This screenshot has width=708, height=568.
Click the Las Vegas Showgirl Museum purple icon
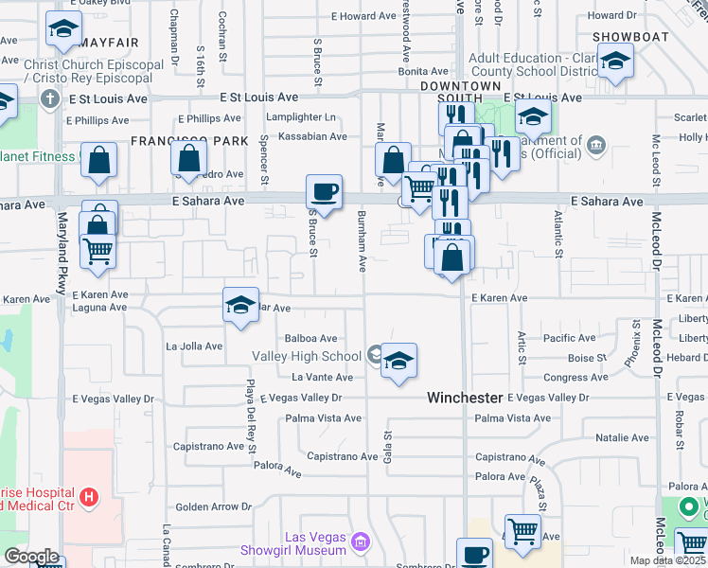[360, 542]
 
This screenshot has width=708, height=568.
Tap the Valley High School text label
[307, 357]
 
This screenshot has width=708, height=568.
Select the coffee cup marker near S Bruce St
[324, 193]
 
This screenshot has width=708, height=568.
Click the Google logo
[31, 557]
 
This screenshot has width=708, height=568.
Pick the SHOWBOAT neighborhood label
[631, 37]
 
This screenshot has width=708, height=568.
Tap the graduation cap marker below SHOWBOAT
[616, 62]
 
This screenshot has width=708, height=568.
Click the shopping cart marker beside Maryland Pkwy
[98, 252]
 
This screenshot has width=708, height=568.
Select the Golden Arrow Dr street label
[213, 507]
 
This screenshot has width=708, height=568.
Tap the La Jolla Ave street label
[194, 346]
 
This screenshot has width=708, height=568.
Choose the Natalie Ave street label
[622, 438]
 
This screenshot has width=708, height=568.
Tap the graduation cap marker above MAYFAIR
[63, 30]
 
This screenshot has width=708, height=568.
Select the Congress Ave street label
[575, 378]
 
